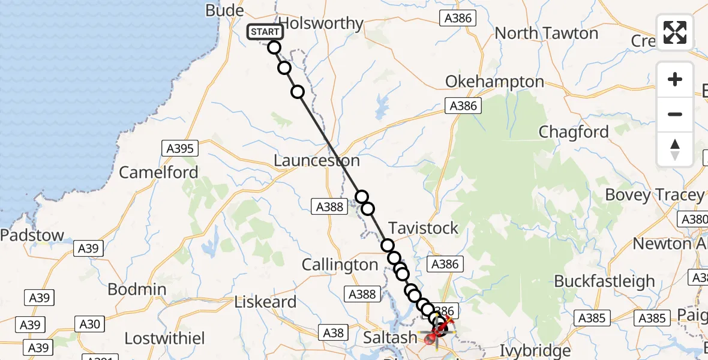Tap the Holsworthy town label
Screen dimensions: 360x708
(x=322, y=23)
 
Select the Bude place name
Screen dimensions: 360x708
(x=224, y=10)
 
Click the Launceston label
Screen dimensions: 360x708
(x=317, y=161)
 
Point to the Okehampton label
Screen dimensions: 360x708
(x=495, y=82)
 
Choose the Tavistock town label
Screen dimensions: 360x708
(x=424, y=228)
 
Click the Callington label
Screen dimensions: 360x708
(x=340, y=265)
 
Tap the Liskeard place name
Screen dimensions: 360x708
(x=266, y=302)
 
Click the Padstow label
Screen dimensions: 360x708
(x=32, y=235)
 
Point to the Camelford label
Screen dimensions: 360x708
(x=158, y=173)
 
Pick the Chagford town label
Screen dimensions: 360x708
(x=574, y=132)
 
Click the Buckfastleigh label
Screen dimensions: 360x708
(x=604, y=281)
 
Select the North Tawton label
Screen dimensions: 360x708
(x=547, y=33)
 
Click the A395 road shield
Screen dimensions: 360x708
(x=181, y=148)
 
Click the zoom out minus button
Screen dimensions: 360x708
(x=675, y=114)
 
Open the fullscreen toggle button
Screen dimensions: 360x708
(x=675, y=32)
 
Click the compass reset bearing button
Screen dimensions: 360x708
(x=675, y=149)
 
